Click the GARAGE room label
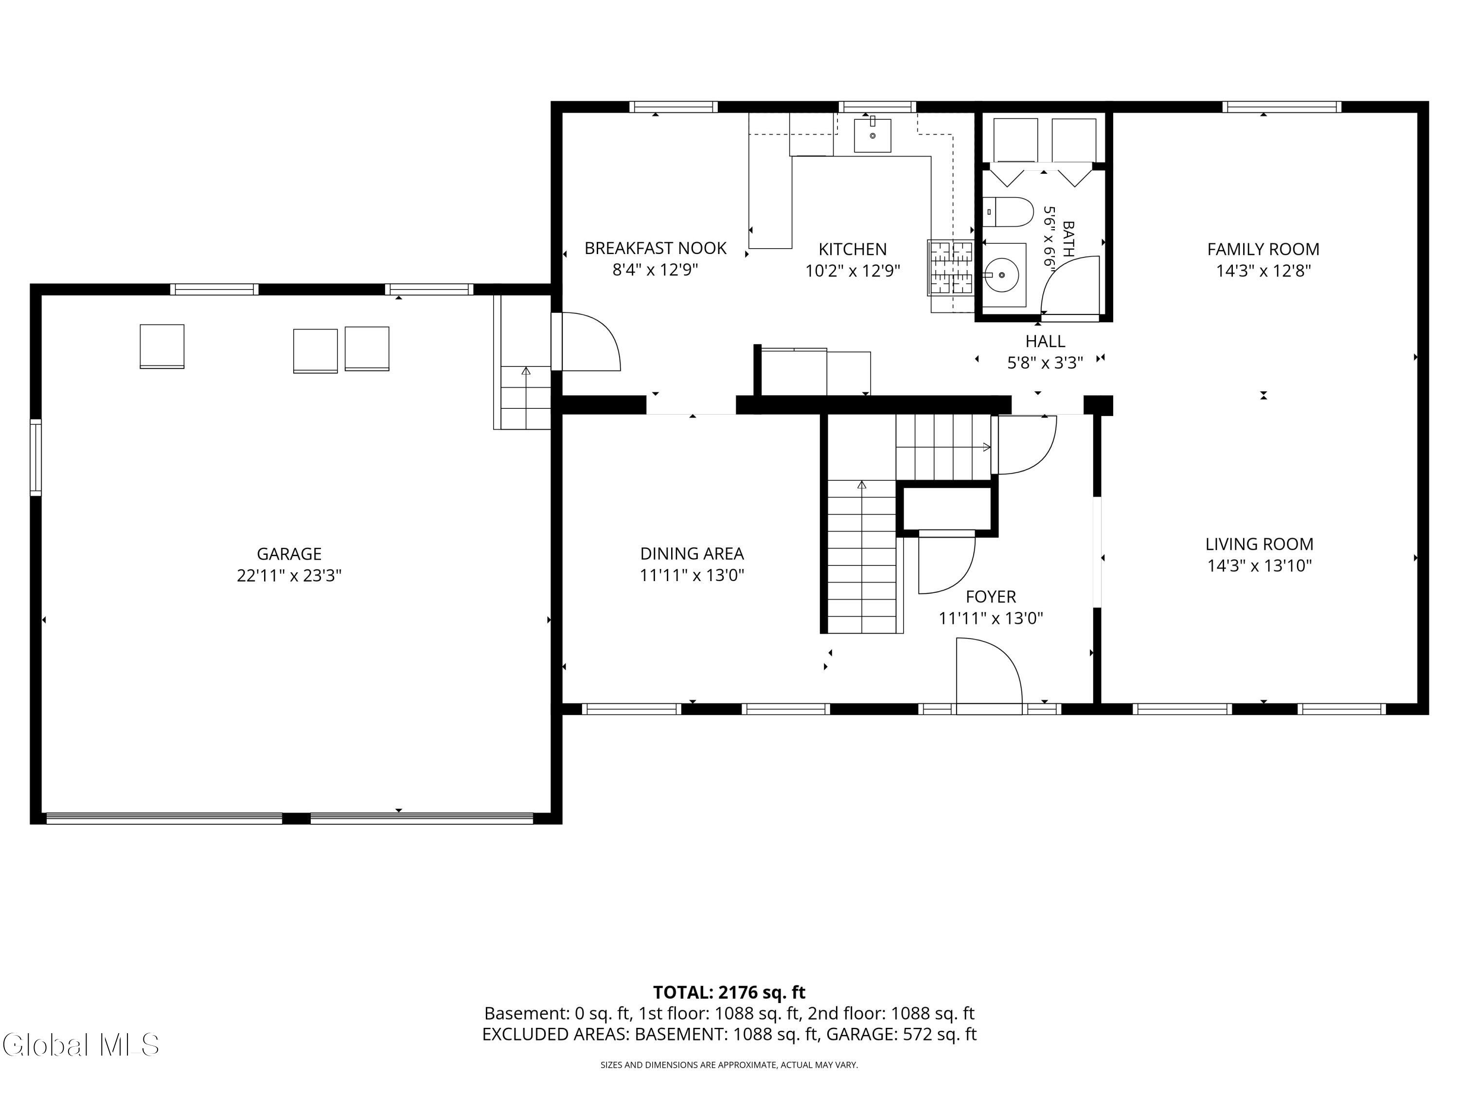[289, 554]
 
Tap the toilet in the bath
[1007, 212]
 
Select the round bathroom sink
[1001, 274]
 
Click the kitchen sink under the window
[872, 135]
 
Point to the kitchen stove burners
[950, 267]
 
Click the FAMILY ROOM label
[1263, 250]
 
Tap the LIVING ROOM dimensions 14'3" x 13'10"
[1259, 566]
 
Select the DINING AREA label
[692, 554]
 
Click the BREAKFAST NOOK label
[655, 248]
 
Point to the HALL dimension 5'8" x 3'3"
[1045, 363]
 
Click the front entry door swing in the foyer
[989, 676]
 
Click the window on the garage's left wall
[36, 457]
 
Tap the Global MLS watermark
[80, 1044]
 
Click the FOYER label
[991, 597]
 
